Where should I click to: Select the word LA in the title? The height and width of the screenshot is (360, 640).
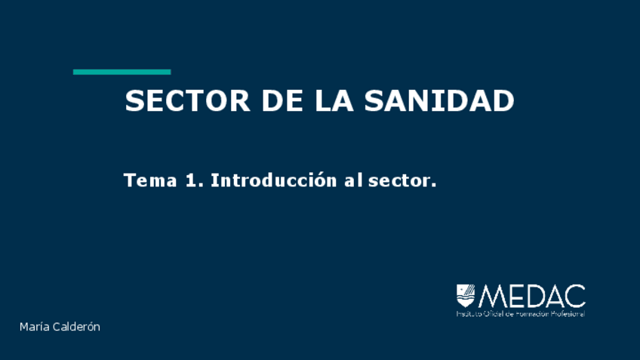(334, 101)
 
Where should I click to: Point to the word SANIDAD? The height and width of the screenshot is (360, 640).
(438, 101)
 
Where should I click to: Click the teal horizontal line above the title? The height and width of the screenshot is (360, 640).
(122, 72)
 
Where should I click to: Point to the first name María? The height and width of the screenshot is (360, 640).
(34, 327)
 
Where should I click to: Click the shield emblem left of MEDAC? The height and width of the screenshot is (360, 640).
(466, 295)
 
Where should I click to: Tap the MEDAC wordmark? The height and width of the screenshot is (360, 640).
(532, 296)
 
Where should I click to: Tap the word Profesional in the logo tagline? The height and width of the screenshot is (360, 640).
(568, 313)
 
